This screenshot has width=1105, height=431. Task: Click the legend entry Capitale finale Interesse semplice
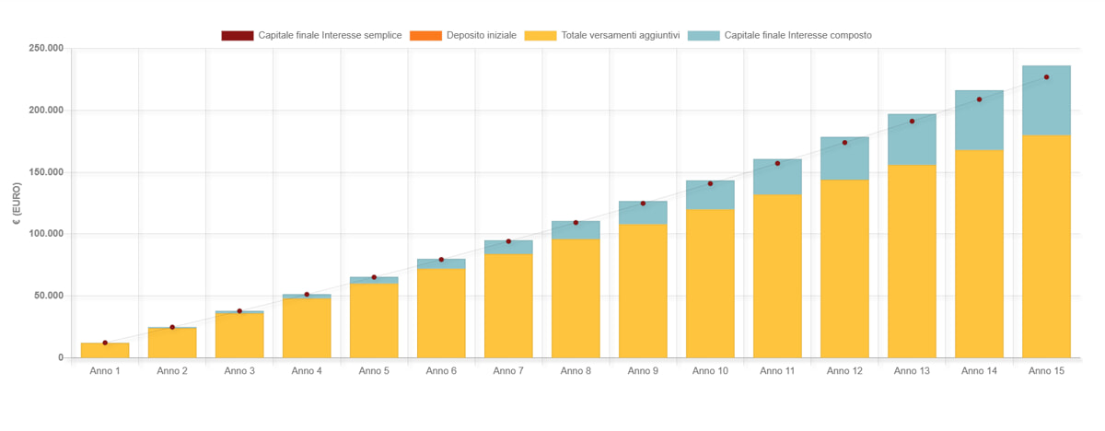tap(311, 35)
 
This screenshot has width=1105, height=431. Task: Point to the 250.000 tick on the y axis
tap(45, 48)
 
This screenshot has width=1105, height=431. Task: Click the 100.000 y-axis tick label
tap(45, 234)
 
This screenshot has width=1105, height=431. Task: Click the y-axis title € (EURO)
tap(17, 203)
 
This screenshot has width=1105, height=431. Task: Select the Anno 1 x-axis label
tap(105, 371)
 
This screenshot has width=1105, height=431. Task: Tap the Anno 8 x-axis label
tap(576, 371)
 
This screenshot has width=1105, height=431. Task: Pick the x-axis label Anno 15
tap(1046, 371)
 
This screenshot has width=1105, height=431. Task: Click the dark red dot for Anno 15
tap(1046, 77)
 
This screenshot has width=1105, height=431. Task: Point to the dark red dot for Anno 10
tap(710, 184)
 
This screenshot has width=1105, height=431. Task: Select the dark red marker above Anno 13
tap(912, 122)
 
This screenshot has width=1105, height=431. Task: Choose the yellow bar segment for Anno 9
tap(643, 290)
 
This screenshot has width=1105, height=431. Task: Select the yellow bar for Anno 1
tap(105, 351)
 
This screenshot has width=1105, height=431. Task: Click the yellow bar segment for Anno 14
tap(979, 253)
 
